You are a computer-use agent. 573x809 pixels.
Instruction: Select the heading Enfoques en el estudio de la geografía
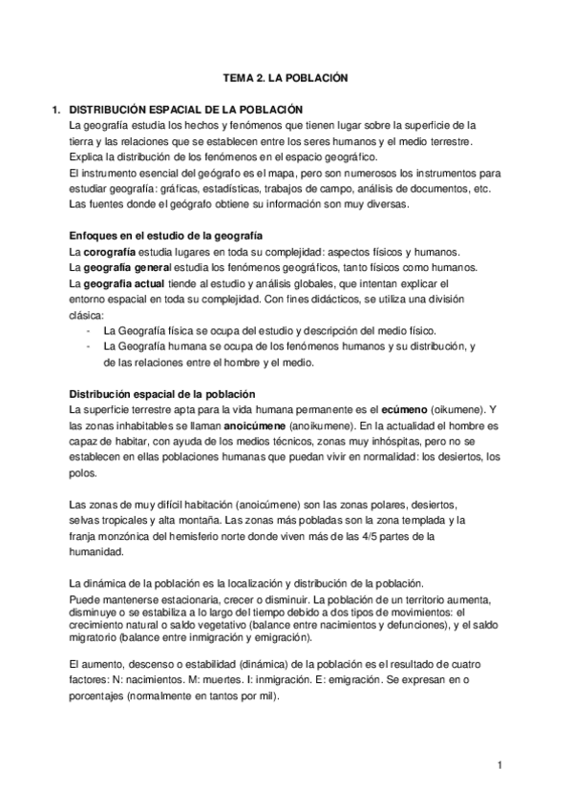point(167,236)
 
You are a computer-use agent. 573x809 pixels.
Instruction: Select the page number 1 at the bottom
point(499,764)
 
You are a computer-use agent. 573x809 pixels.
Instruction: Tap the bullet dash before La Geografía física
point(88,330)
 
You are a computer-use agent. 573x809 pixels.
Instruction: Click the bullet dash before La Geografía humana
point(88,345)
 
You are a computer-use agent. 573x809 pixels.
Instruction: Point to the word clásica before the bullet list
point(92,315)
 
